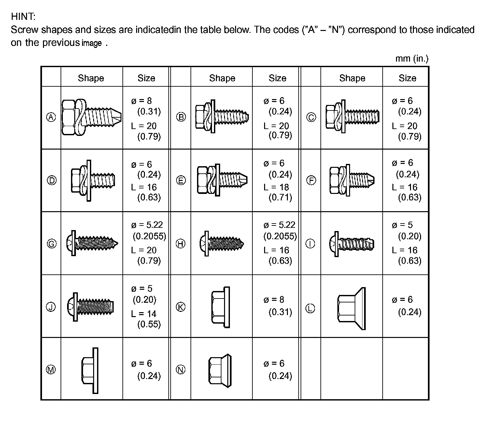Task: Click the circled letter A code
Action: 51,117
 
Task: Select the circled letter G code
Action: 51,243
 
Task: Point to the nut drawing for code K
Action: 220,307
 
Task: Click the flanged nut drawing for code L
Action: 351,308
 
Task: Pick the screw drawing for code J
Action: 91,307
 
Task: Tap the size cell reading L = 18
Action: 276,187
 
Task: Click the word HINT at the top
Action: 23,16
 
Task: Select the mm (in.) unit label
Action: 412,59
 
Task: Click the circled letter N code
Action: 181,370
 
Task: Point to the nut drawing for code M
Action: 90,370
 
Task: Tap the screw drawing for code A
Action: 92,117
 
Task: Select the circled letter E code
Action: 181,180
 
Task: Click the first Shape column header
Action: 91,78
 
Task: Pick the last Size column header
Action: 407,78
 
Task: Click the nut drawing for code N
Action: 220,370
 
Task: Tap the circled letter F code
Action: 311,180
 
